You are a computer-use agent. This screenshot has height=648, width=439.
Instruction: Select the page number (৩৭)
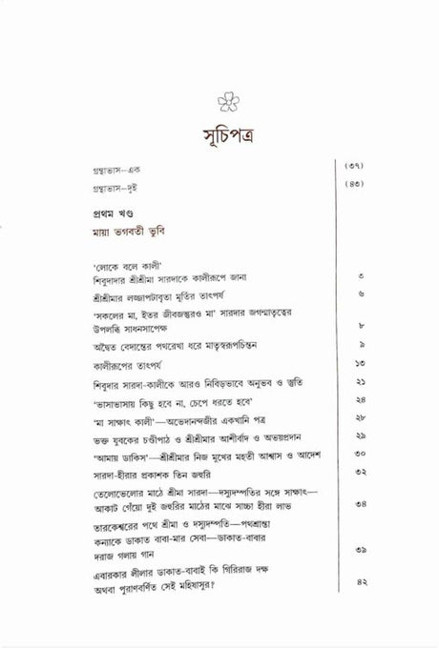(x=352, y=168)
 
